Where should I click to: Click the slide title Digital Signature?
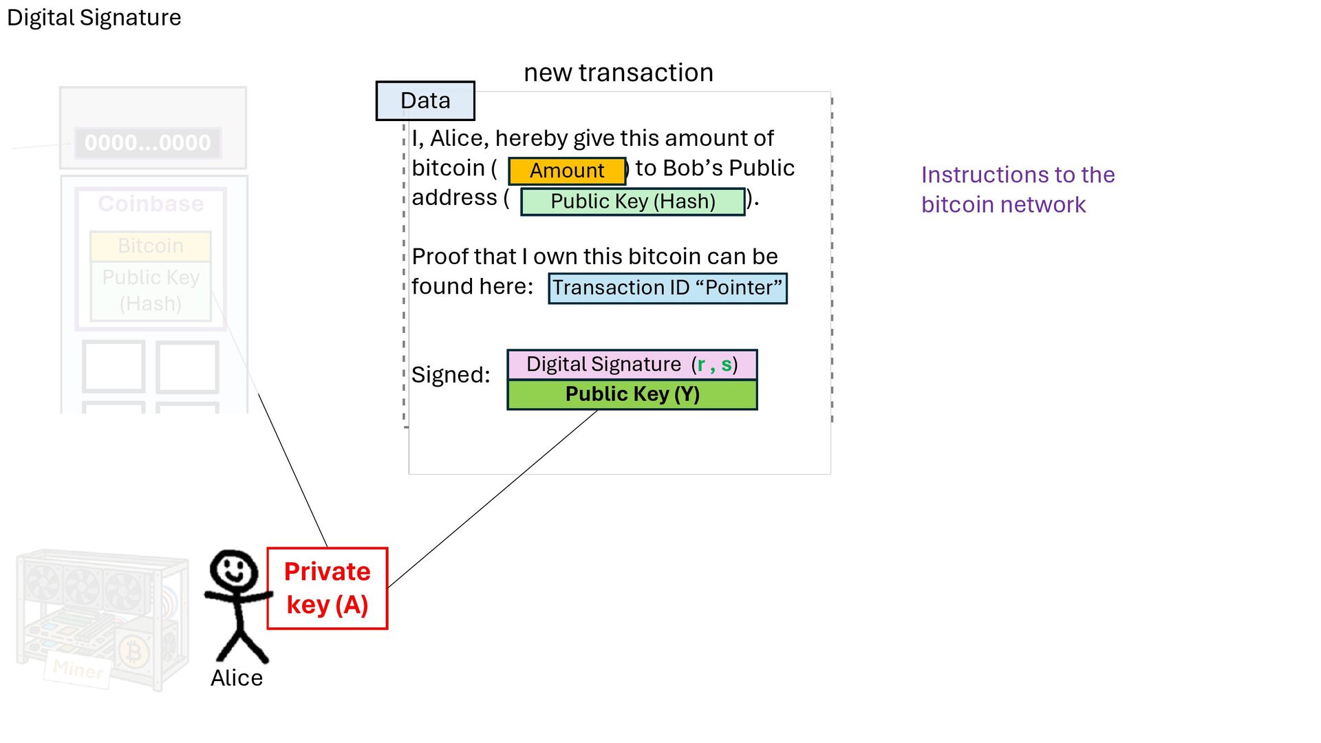tap(94, 18)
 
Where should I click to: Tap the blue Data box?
tap(425, 100)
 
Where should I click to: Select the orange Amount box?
tap(567, 171)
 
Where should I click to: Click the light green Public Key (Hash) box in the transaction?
tap(633, 202)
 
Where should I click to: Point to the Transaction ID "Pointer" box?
tap(667, 288)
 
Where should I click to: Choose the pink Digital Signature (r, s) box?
tap(632, 365)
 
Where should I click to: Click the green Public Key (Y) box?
tap(632, 394)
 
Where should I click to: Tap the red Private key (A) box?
tap(327, 588)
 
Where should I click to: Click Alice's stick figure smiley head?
tap(234, 570)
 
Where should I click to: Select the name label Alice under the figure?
tap(237, 678)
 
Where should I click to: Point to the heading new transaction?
tap(618, 72)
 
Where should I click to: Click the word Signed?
tap(451, 375)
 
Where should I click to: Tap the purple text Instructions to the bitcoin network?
tap(1017, 189)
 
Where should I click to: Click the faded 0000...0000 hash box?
tap(147, 143)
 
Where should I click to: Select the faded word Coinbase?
tap(151, 204)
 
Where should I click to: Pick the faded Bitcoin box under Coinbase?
tap(151, 246)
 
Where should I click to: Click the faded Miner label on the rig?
tap(78, 668)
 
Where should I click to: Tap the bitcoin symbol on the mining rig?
tap(134, 651)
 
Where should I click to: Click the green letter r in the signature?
tap(701, 365)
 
